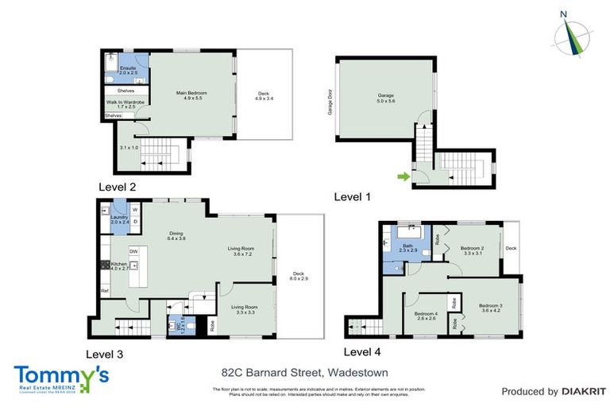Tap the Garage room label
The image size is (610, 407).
[386, 99]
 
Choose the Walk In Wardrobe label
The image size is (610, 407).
[125, 104]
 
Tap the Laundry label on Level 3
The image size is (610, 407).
[119, 219]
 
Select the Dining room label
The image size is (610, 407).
[176, 235]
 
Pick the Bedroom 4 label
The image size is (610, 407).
[426, 316]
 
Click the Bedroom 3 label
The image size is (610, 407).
[491, 308]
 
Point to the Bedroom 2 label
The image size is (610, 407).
[473, 250]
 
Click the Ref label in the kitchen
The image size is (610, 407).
[104, 291]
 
